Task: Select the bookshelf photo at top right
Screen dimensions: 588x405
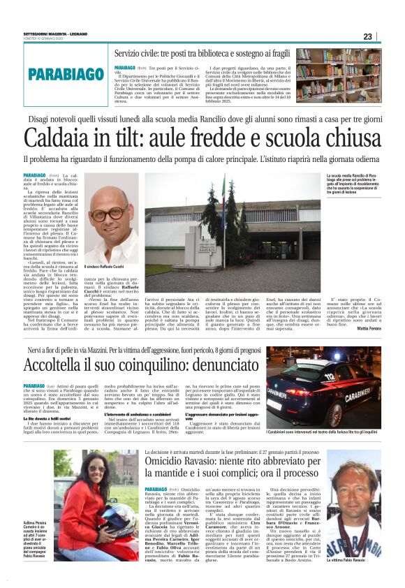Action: tap(338, 75)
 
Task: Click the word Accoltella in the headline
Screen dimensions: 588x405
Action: tap(59, 365)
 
